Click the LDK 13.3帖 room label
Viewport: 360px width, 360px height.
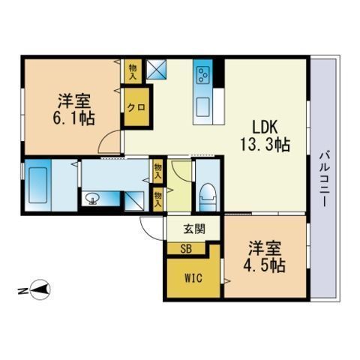click(265, 136)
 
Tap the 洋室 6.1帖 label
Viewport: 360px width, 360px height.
click(73, 109)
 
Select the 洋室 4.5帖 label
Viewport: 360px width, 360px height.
click(265, 256)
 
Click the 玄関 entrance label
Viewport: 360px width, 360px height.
click(194, 229)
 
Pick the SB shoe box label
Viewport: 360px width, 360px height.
click(186, 249)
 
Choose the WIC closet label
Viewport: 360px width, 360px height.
click(193, 277)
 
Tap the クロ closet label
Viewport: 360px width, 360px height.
click(136, 107)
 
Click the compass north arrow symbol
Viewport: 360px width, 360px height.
click(40, 289)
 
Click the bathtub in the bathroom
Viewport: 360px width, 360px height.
click(37, 185)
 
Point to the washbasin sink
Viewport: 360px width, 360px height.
click(91, 199)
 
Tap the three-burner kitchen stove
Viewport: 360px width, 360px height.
click(202, 74)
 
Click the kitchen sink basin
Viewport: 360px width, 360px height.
click(202, 107)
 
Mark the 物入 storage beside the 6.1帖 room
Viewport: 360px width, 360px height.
click(133, 71)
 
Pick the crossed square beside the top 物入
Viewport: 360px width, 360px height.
click(156, 70)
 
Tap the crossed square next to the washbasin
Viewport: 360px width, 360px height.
click(134, 201)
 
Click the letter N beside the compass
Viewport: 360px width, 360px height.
click(22, 291)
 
